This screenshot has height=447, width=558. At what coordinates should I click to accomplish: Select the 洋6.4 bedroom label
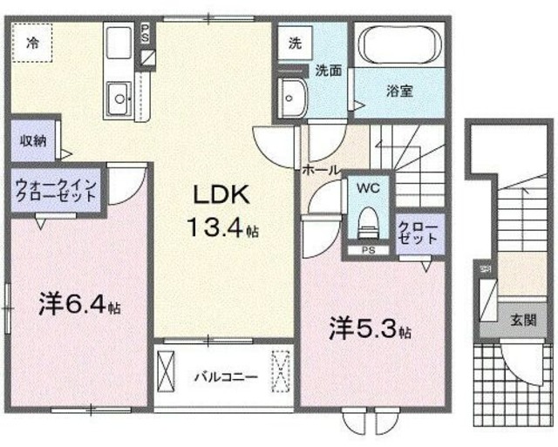click(79, 306)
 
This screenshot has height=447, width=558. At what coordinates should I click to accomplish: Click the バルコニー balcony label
click(225, 377)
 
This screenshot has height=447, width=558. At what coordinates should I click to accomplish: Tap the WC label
click(364, 187)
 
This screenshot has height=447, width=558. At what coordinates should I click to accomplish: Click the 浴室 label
click(399, 89)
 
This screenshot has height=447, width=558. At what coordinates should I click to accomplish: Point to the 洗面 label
click(329, 70)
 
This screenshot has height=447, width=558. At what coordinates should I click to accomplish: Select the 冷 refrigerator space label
click(31, 40)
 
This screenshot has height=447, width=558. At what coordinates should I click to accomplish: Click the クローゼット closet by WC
click(412, 231)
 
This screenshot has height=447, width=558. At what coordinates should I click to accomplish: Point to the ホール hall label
click(320, 170)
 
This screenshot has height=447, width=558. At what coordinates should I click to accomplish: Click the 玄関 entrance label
click(523, 319)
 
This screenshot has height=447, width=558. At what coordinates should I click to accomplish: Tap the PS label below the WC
click(368, 253)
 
